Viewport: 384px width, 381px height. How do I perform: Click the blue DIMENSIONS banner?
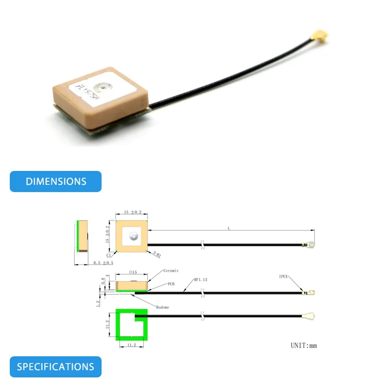point(56,182)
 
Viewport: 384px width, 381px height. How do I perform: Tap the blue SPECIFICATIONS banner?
point(56,367)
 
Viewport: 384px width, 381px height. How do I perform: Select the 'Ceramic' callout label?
point(171,271)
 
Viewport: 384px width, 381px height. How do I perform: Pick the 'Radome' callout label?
point(162,307)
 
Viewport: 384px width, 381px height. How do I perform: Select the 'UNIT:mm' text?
point(304,345)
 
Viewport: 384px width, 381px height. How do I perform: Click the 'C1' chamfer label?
point(109,255)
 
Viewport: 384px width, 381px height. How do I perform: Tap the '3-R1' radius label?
point(156,253)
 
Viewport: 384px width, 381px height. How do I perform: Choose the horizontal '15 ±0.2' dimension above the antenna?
point(132,213)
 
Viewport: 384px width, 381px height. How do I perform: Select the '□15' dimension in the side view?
point(131,273)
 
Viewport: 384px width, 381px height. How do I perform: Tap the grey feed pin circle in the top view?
point(132,237)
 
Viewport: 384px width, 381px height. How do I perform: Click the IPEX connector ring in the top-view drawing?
point(312,244)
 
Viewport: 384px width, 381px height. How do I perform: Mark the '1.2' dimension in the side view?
point(98,303)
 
